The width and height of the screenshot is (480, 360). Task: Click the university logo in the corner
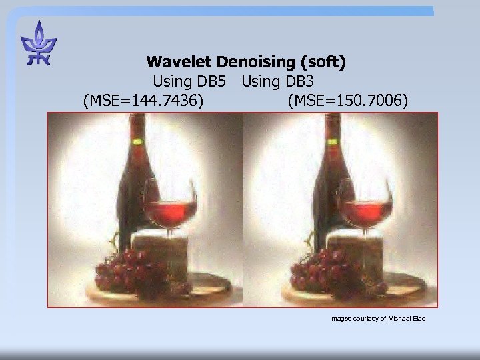tap(39, 44)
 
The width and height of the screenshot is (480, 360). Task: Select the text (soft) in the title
tap(323, 63)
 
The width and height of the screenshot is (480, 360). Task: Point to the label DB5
tap(211, 82)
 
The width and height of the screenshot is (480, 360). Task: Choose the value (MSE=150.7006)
tap(347, 101)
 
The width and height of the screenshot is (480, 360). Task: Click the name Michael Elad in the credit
tap(407, 319)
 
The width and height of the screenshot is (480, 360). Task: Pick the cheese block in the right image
tap(353, 250)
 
